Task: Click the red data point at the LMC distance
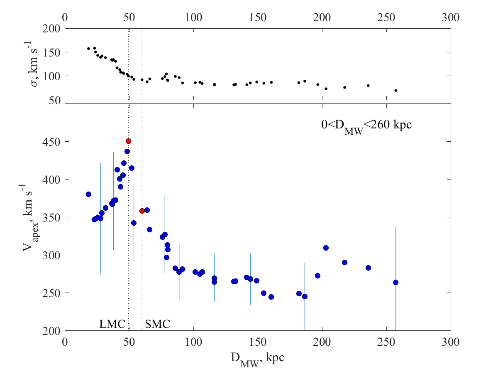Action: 128,141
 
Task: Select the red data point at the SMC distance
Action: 142,211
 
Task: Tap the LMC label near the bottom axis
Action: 112,324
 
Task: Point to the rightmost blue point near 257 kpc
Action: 395,282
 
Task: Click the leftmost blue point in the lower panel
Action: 88,194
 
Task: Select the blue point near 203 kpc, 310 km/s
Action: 326,248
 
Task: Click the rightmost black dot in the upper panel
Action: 395,90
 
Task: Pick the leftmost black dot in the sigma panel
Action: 88,49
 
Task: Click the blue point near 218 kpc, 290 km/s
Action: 344,262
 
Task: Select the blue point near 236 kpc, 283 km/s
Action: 368,268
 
